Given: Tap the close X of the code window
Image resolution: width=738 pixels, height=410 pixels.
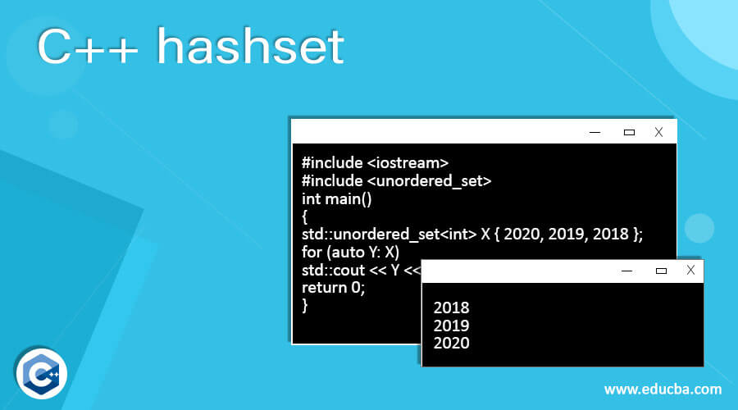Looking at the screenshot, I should (658, 131).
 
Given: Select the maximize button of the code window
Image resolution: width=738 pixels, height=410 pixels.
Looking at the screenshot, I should (629, 131).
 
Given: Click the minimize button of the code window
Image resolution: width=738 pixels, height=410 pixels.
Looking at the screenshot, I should (595, 131).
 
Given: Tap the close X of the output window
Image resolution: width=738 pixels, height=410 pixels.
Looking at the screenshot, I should (690, 271).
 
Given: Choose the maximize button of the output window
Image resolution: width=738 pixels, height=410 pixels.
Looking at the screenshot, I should (661, 271).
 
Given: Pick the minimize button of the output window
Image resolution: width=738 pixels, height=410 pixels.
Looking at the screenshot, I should (627, 271).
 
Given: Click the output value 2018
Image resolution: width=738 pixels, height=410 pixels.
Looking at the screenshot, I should (451, 308).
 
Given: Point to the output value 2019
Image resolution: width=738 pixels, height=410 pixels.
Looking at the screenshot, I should (451, 326).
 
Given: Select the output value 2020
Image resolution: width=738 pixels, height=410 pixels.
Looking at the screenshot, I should (451, 343).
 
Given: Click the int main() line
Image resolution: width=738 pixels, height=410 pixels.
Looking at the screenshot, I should (337, 198).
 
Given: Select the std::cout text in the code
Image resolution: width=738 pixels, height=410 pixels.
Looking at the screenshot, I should (334, 270).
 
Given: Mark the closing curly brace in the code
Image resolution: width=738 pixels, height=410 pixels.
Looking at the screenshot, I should (305, 305).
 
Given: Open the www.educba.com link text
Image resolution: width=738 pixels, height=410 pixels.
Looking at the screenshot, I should (663, 388).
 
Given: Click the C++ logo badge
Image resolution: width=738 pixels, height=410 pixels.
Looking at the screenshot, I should (40, 373).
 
